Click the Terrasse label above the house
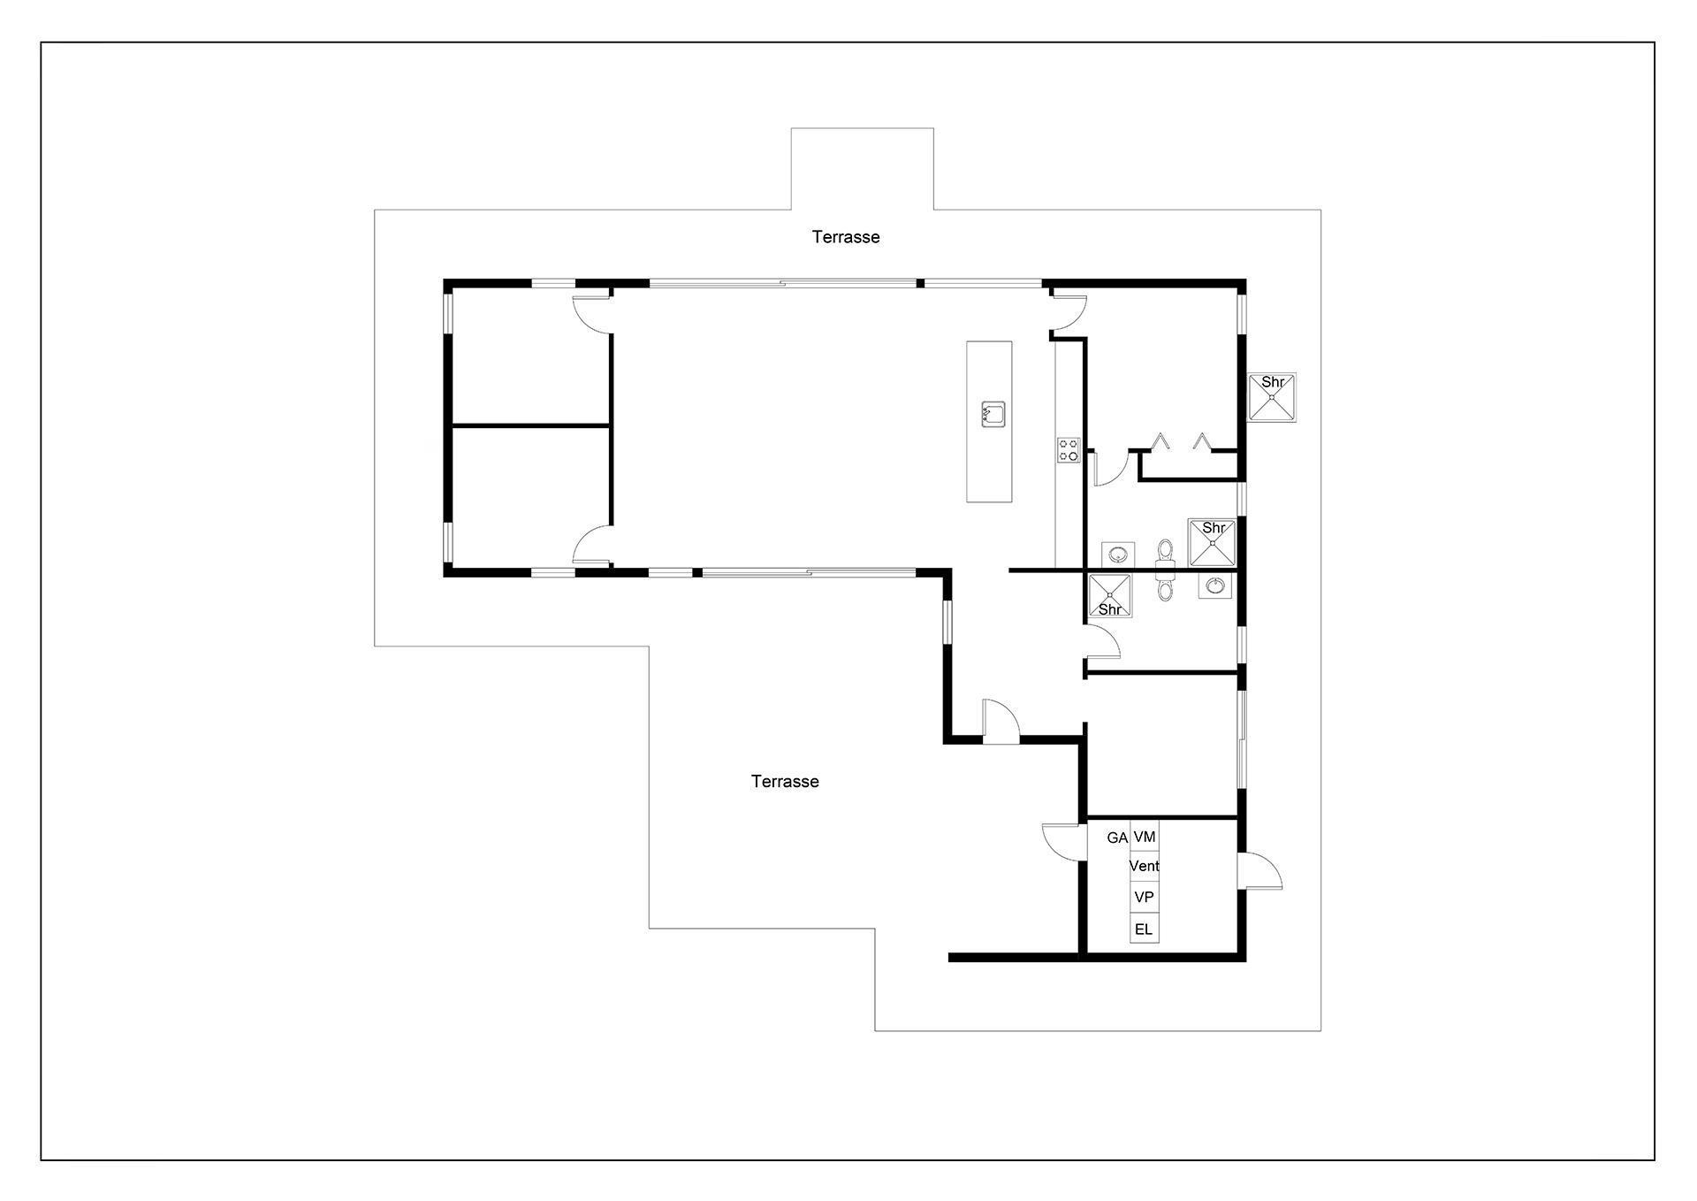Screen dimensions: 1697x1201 846,237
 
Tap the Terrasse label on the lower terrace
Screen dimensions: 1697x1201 785,782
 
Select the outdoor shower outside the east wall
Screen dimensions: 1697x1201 1272,398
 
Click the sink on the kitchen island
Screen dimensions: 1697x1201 993,414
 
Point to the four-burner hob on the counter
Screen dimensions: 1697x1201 1069,450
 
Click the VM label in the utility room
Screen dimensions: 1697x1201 1145,837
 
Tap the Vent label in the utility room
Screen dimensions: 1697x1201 1145,867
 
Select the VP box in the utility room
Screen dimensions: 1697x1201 1145,897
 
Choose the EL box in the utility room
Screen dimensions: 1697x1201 1145,929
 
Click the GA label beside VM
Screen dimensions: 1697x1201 1117,838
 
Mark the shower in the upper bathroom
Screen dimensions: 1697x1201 1212,542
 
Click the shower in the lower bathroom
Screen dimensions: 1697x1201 1109,596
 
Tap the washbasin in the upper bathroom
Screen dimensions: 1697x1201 1119,555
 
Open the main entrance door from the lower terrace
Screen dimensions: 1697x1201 1001,722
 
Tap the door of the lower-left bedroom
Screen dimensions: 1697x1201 592,544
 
